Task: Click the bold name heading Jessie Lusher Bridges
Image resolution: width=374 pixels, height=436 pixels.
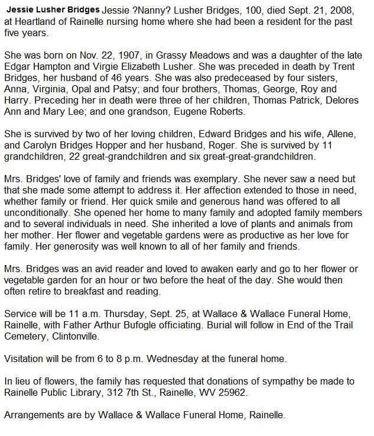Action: click(51, 11)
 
